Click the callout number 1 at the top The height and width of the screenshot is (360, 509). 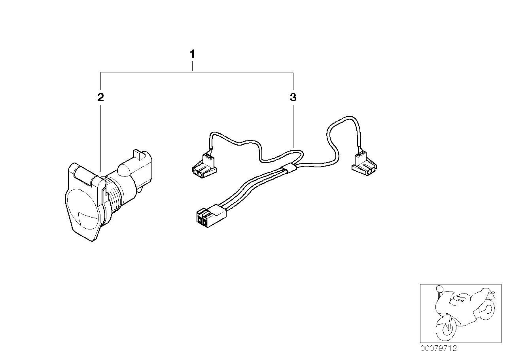(192, 54)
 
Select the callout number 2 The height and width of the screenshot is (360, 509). (100, 97)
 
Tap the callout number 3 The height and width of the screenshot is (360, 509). (293, 97)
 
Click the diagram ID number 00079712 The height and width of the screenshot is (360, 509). (438, 348)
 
